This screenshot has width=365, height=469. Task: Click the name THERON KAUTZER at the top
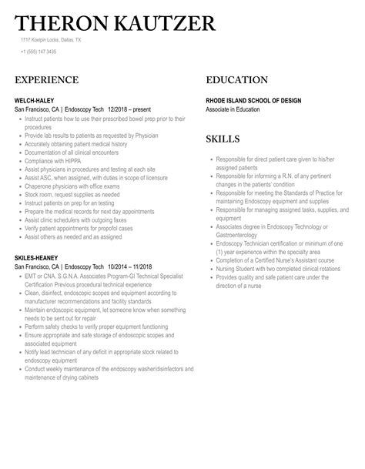[x=116, y=22]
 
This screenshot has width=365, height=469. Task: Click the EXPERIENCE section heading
[x=46, y=80]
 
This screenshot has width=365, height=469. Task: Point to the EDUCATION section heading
[x=237, y=80]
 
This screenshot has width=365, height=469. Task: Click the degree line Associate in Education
[x=239, y=109]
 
